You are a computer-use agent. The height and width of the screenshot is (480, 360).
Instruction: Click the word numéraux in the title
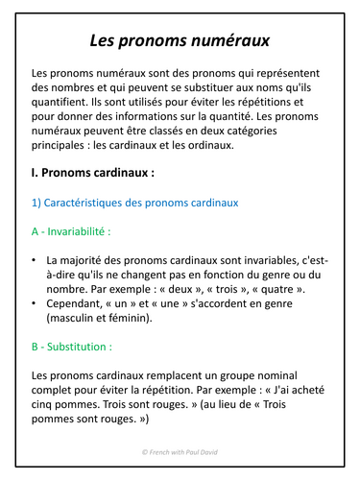[x=223, y=40]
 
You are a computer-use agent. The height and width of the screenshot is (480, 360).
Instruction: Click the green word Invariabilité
[x=84, y=230]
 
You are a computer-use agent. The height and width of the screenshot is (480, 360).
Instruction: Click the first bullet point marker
[x=35, y=259]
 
